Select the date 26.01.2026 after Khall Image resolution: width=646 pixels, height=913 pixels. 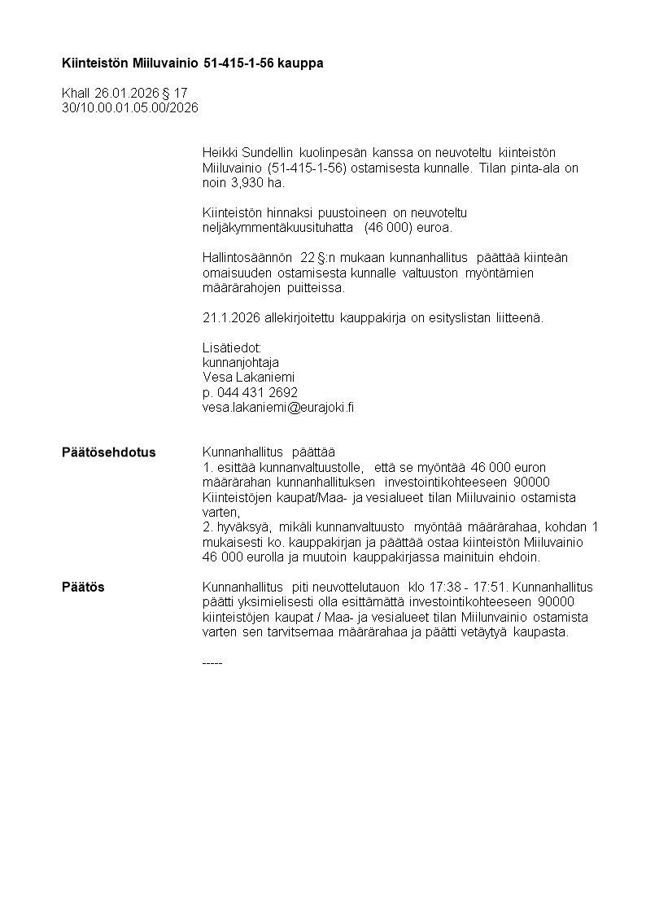coord(127,94)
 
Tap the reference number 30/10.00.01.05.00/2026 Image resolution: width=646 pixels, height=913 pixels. coord(129,107)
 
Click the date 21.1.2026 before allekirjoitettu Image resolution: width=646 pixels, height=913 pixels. coord(231,317)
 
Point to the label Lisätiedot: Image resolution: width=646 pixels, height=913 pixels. coord(232,347)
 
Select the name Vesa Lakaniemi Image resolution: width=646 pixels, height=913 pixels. coord(248,378)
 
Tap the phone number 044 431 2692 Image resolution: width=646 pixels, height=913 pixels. coord(256,392)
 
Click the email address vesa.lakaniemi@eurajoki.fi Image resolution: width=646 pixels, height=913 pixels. coord(277,408)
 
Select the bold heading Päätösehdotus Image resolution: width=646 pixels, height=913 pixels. coord(108,452)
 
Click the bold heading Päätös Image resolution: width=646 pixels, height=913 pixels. coord(83,587)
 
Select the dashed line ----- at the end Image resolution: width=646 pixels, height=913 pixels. coord(212,662)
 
